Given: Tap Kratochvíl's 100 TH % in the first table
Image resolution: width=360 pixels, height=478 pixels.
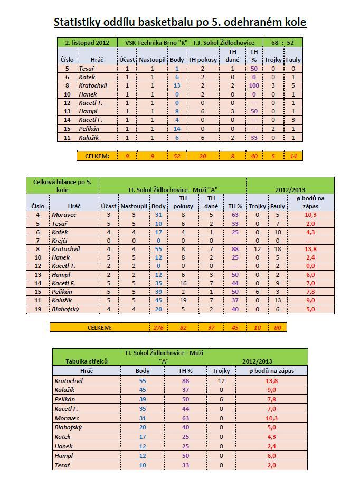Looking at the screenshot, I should click(x=254, y=85).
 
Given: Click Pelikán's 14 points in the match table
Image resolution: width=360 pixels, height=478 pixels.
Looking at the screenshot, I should click(x=177, y=129).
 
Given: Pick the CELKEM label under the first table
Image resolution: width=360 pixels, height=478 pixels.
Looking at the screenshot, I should click(x=98, y=156).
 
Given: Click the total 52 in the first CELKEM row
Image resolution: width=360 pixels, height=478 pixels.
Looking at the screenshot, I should click(x=177, y=156).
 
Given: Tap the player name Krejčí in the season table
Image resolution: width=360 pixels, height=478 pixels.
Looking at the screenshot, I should click(x=60, y=240).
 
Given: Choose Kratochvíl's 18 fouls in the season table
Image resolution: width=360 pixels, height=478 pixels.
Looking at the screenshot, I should click(x=277, y=248).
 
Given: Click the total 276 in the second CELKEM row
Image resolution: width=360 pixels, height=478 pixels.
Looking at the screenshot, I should click(x=158, y=328).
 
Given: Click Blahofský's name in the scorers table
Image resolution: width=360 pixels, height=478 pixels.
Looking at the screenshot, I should click(x=69, y=427).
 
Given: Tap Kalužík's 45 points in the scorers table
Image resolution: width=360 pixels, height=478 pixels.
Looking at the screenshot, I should click(x=143, y=390).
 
